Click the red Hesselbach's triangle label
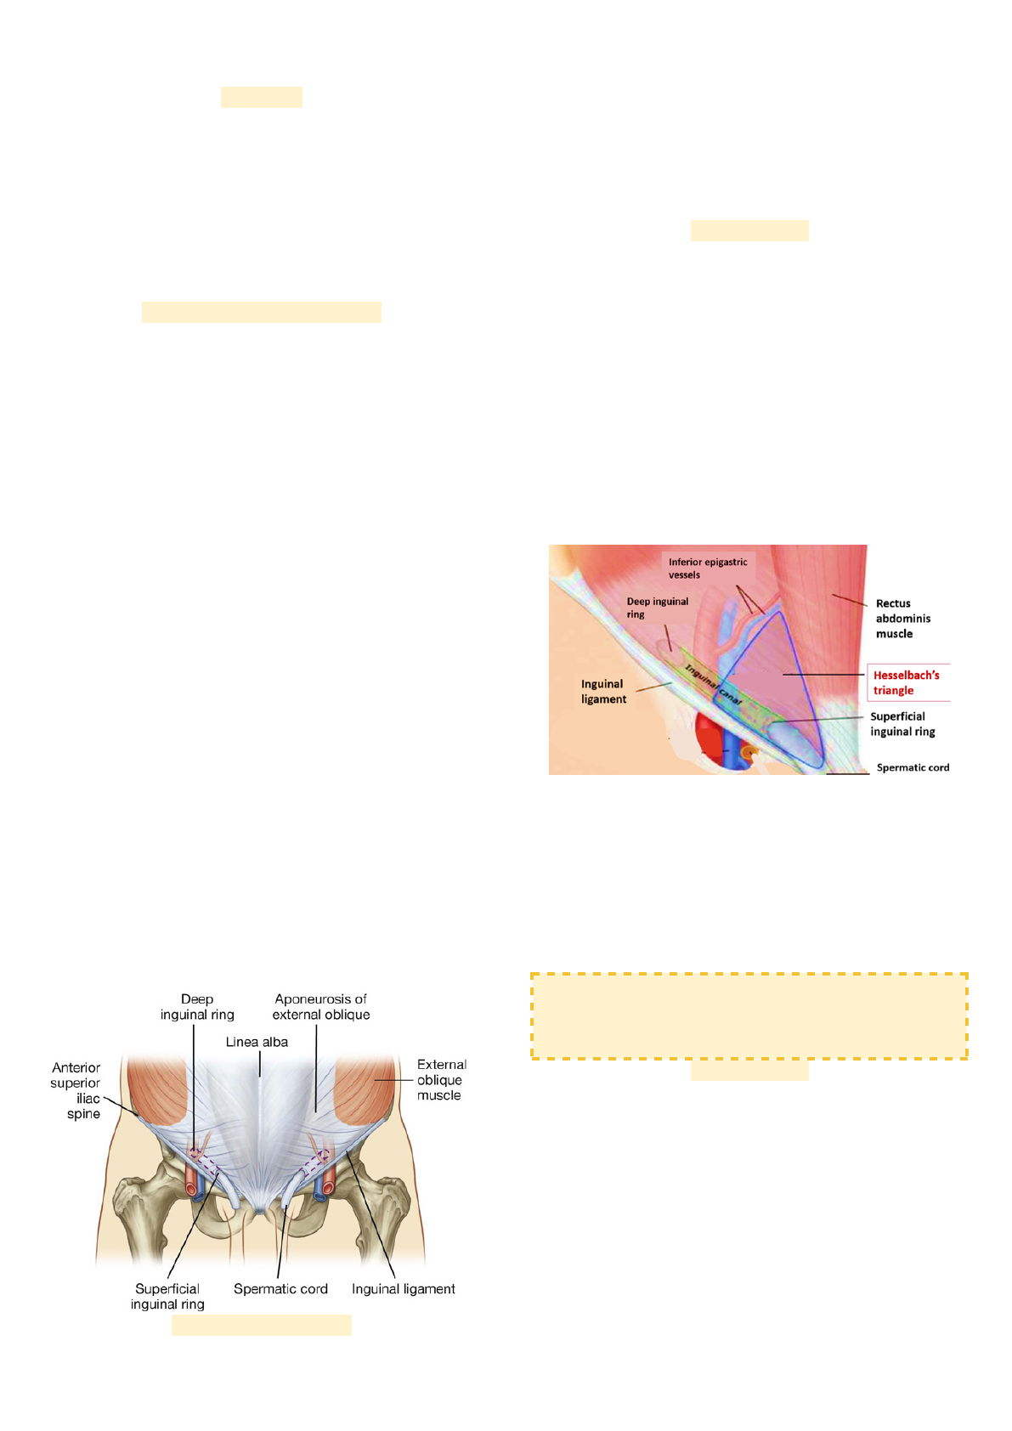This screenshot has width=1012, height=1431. tap(906, 682)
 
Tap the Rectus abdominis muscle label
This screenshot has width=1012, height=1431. tap(902, 619)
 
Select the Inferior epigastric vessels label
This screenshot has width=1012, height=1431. tap(707, 568)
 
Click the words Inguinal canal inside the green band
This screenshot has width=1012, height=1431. tap(714, 686)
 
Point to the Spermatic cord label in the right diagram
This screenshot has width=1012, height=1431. tap(913, 767)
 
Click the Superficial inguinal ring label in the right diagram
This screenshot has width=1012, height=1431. tap(902, 724)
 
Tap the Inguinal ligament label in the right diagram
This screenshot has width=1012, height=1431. tap(603, 691)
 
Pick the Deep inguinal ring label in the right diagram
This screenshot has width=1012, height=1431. tap(657, 608)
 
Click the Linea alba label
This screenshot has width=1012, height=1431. tap(257, 1042)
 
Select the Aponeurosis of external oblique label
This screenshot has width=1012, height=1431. tap(321, 1007)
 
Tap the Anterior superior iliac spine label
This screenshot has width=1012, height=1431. tap(76, 1090)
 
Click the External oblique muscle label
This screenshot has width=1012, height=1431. tap(441, 1080)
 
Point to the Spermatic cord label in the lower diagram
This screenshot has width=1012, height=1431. tap(280, 1289)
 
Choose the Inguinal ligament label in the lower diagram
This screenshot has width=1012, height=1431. tap(403, 1289)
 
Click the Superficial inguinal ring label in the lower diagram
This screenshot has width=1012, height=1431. tap(167, 1297)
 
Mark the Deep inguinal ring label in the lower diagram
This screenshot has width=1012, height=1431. tap(197, 1007)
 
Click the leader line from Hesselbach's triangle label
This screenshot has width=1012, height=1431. tap(823, 675)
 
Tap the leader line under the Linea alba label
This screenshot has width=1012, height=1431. tap(259, 1065)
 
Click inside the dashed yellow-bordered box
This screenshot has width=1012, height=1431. tap(749, 1016)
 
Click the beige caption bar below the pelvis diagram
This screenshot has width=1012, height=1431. tap(261, 1325)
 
